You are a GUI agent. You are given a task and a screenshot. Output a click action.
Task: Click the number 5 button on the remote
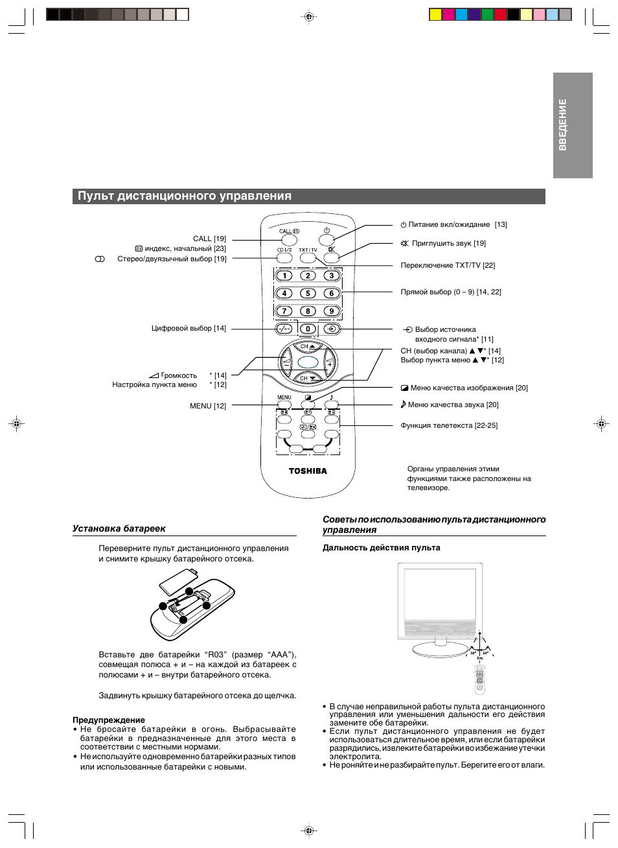coord(308,293)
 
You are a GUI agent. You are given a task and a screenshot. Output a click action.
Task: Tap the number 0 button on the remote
coord(308,329)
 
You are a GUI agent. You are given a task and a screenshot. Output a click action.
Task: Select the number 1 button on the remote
coord(284,276)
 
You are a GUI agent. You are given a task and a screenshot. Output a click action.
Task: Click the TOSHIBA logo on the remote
coord(308,471)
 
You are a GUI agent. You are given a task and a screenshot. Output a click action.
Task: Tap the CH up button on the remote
coord(308,347)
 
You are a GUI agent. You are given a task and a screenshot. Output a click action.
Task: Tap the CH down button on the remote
coord(308,378)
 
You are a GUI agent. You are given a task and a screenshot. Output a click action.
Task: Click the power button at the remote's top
coord(327,240)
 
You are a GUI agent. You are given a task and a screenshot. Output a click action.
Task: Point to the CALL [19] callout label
coord(209,239)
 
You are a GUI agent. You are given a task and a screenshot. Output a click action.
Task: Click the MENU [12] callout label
coord(208,406)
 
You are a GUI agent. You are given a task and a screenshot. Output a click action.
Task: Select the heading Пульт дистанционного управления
coord(185,196)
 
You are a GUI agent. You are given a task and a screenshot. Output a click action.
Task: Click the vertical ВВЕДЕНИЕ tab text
coord(562,124)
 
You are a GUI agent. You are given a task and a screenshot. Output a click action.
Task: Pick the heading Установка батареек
coord(119,528)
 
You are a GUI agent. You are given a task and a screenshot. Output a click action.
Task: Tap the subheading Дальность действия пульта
coord(382,548)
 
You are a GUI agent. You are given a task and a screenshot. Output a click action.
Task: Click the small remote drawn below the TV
coord(480,679)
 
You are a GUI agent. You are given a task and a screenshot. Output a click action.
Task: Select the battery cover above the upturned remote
coord(179,582)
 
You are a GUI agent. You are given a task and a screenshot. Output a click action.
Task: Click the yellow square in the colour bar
coord(436,15)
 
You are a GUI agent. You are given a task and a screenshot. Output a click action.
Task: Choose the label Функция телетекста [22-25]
coord(449,426)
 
